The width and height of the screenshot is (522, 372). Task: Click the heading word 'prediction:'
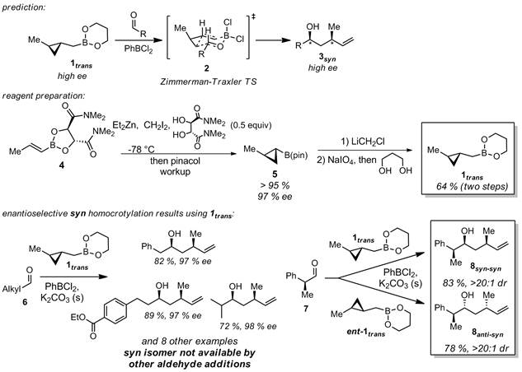(x=24, y=7)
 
